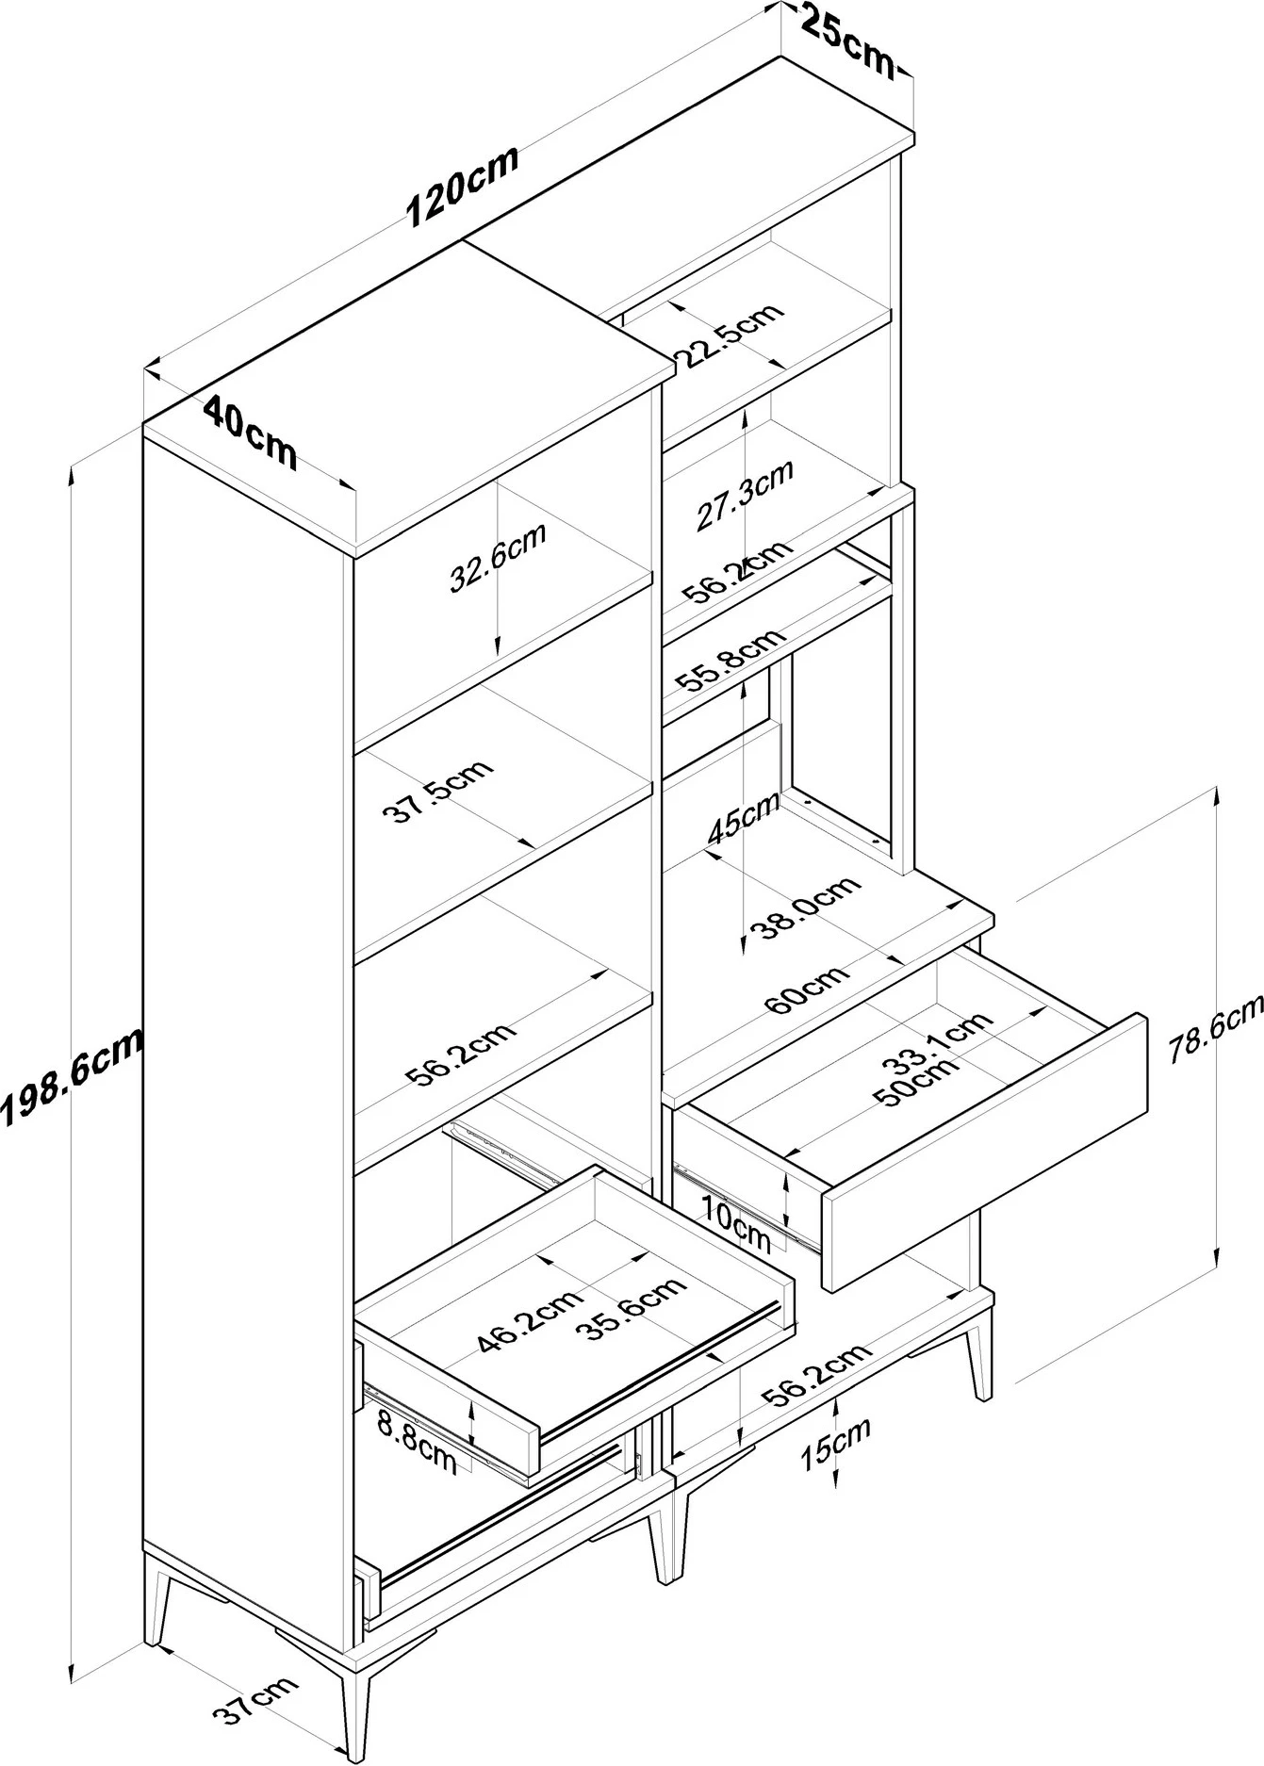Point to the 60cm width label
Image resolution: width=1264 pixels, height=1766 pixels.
(807, 990)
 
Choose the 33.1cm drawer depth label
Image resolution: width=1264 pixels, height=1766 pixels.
(939, 1042)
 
